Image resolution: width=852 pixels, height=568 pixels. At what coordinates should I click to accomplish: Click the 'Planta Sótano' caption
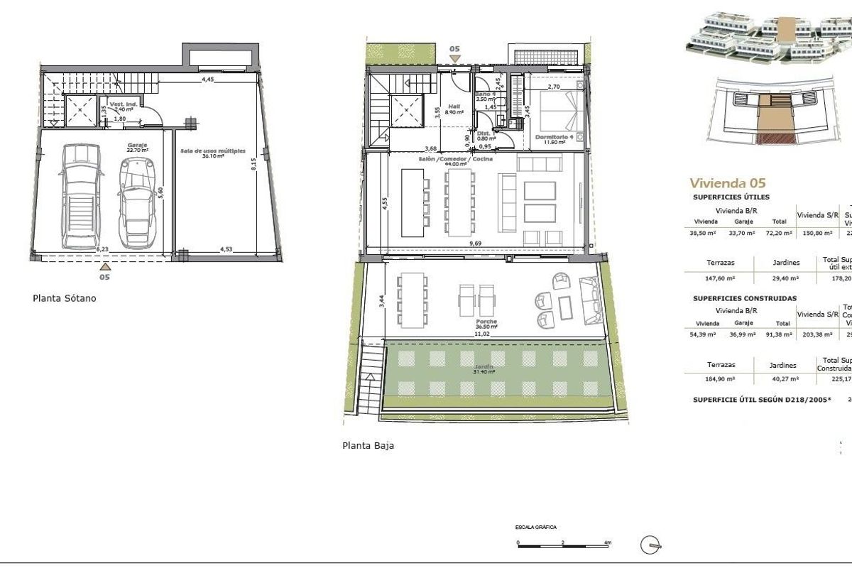[65, 298]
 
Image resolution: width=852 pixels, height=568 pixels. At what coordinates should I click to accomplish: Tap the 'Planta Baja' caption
[368, 446]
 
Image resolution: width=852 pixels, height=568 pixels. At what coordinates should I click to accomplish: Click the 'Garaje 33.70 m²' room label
[137, 148]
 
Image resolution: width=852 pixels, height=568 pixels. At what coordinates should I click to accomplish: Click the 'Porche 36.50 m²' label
[486, 324]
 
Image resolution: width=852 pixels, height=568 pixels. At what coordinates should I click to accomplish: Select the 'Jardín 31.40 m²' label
[485, 368]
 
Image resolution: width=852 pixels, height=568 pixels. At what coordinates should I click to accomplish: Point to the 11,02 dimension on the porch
[483, 334]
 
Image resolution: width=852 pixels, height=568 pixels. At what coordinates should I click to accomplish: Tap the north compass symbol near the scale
[649, 545]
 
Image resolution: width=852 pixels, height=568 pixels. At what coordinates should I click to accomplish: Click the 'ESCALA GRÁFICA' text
[536, 528]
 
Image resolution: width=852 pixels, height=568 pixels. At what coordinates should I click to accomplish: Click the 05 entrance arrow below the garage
[105, 268]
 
